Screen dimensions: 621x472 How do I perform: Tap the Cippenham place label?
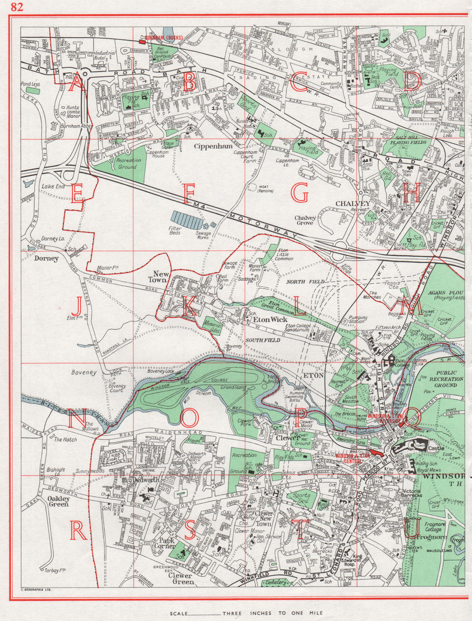click(x=213, y=147)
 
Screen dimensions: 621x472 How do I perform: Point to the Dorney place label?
click(x=46, y=259)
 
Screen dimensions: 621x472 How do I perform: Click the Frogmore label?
click(x=429, y=537)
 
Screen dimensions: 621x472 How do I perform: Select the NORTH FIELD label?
click(x=306, y=282)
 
